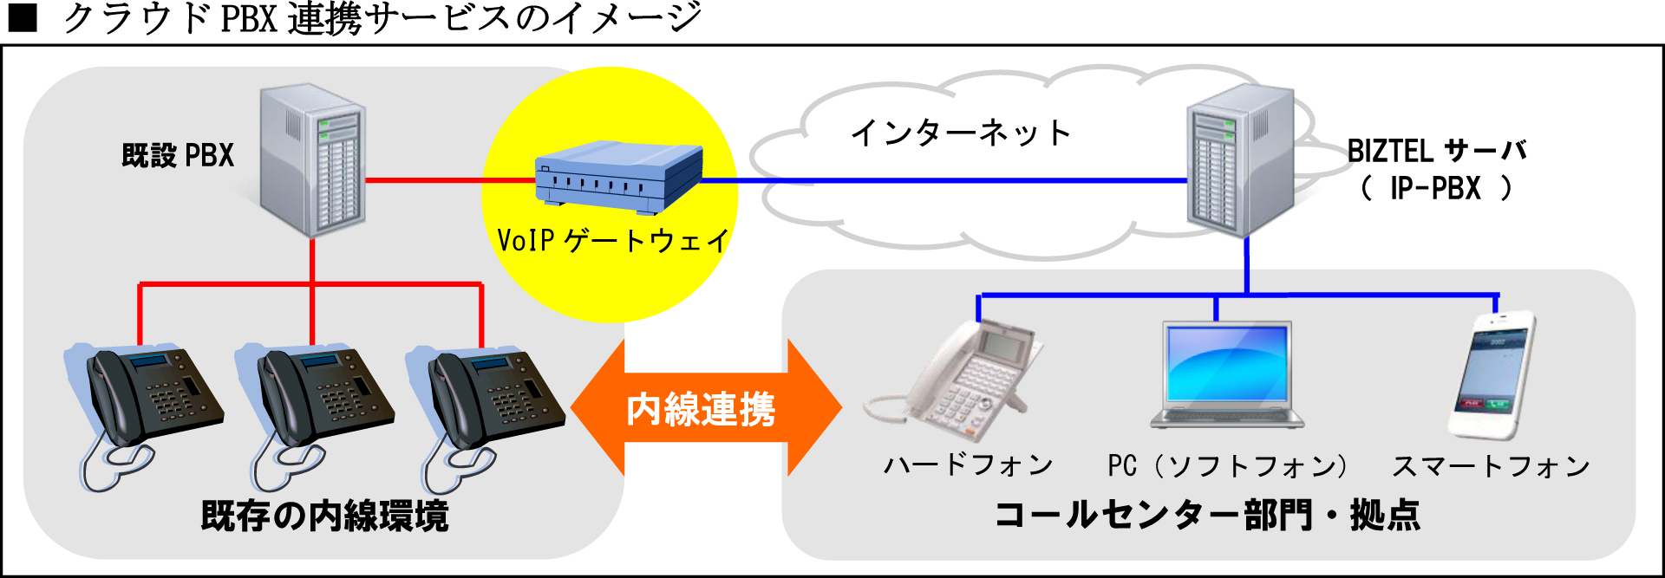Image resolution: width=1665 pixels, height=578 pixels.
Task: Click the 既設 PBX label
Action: point(178,156)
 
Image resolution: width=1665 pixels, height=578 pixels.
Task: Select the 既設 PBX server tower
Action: point(314,160)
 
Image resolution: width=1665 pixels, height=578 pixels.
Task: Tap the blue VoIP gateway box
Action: point(617,178)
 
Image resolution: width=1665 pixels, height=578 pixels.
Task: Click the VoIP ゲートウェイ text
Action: point(612,240)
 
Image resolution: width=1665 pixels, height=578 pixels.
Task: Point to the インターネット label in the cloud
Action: point(961,133)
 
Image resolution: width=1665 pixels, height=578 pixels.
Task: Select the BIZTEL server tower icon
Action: point(1240,160)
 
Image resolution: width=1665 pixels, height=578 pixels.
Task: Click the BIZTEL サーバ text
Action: point(1436,152)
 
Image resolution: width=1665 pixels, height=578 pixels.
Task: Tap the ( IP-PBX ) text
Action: point(1436,188)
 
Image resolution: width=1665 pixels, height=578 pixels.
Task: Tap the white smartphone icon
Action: point(1491,375)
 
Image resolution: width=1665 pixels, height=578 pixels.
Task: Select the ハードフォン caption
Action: point(968,465)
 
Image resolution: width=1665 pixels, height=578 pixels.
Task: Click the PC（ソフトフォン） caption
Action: point(1227,466)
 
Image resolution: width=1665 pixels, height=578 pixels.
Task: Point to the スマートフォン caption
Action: point(1491,466)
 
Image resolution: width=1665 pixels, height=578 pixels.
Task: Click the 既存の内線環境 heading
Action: point(324,516)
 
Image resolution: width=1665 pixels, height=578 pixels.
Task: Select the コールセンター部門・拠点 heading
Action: point(1207,515)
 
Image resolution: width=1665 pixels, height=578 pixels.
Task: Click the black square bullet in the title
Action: point(23,18)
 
